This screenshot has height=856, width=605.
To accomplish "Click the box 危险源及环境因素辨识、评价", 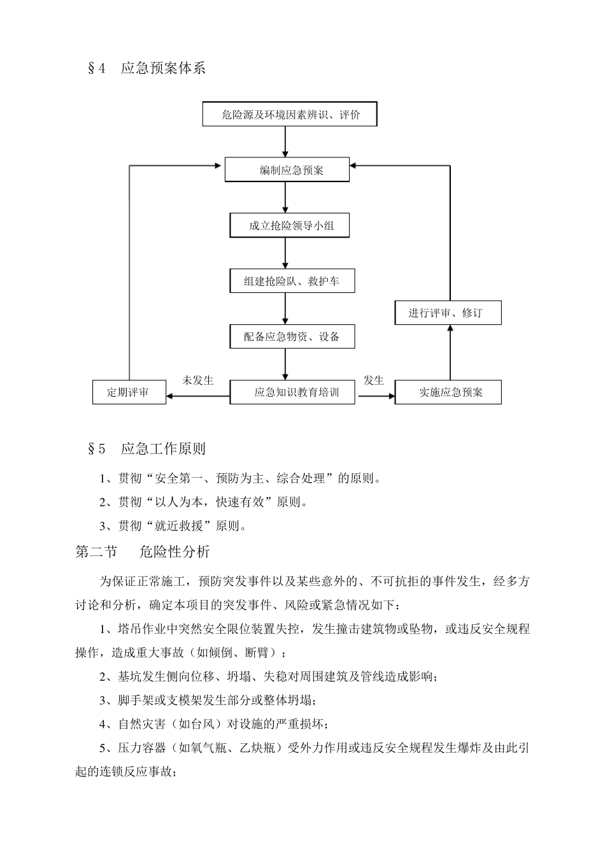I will click(290, 115).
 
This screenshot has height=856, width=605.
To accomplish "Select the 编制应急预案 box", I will click(287, 170).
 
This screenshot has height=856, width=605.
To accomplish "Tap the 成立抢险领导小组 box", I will click(290, 225).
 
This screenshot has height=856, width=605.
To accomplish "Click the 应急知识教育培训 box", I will click(294, 392).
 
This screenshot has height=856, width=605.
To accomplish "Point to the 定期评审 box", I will click(129, 392).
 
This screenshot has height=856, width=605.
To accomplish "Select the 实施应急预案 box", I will click(448, 392).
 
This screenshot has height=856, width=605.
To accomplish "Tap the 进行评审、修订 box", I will click(448, 313).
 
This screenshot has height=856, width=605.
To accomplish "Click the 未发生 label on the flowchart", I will click(197, 380).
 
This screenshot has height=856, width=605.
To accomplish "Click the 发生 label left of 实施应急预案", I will click(374, 380).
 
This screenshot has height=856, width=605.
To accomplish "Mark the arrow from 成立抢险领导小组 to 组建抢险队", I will click(285, 253).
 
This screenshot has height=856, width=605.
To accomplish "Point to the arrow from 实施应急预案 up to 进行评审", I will click(450, 352).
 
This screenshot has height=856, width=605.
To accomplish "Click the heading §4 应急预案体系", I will click(146, 69).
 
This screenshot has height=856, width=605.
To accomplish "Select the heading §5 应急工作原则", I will click(146, 448).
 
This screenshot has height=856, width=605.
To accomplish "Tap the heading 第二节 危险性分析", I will click(143, 552).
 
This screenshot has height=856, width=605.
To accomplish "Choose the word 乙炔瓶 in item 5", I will click(257, 748).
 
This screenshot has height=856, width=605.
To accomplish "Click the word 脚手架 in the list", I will click(135, 701).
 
